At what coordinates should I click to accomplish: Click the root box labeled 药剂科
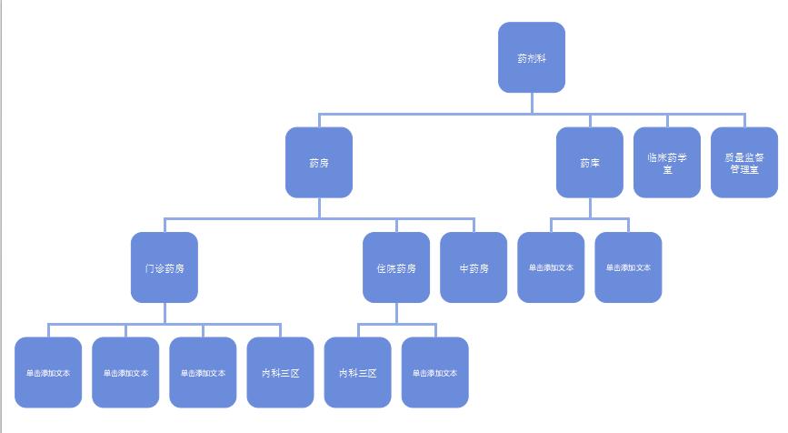click(532, 57)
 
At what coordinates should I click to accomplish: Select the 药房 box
click(319, 163)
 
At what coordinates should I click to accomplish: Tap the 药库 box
click(590, 163)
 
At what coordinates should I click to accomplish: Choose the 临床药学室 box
click(667, 163)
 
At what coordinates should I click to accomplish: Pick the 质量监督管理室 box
click(744, 163)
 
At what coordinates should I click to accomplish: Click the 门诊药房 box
click(165, 267)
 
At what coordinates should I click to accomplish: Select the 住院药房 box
click(396, 267)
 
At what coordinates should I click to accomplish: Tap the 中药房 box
click(474, 267)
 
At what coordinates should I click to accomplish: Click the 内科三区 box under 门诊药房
click(280, 372)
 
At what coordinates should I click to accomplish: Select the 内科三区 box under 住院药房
click(357, 372)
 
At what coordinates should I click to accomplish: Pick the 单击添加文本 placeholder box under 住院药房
click(434, 372)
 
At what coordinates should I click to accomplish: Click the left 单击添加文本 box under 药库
click(551, 267)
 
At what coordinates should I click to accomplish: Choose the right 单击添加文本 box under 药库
click(628, 267)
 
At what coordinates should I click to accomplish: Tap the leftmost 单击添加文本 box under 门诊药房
click(48, 372)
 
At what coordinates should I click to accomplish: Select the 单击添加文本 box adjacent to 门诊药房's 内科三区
click(203, 372)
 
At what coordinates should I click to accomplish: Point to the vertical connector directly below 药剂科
click(532, 103)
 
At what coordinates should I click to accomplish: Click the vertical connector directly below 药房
click(319, 207)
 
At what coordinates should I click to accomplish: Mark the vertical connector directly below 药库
click(590, 207)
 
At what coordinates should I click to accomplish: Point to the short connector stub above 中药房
click(474, 226)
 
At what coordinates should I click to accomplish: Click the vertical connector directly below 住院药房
click(396, 313)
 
